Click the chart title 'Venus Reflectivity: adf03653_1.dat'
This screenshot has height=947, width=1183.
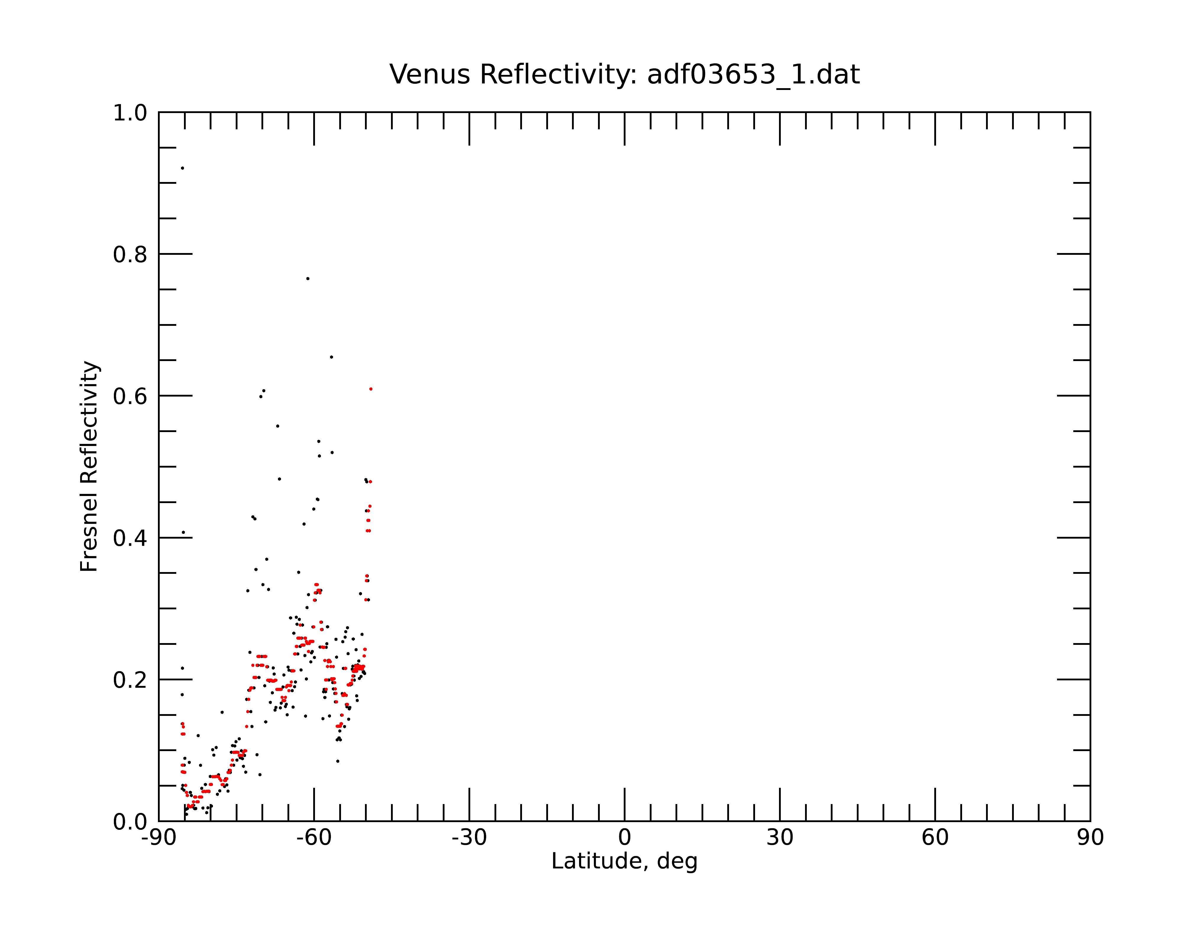click(624, 75)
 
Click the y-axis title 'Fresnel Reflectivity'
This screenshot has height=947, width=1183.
click(89, 466)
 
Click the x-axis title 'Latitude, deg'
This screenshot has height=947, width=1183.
click(624, 861)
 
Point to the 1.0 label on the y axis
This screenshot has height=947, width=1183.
click(130, 113)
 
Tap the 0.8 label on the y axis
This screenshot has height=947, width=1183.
click(130, 255)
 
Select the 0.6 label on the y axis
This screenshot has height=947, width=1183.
click(130, 396)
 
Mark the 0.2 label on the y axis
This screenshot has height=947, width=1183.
click(130, 680)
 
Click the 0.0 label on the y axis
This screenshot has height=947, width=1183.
click(130, 822)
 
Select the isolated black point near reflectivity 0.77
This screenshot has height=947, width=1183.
click(308, 279)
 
